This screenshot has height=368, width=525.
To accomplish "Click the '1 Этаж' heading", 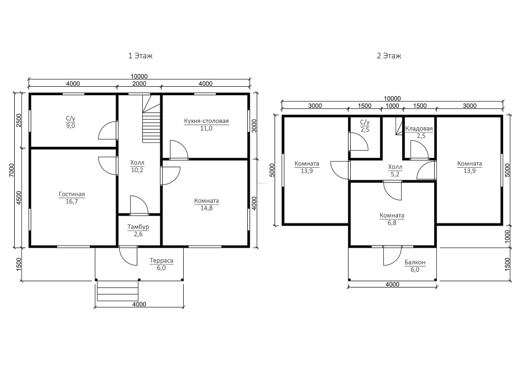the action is (x=140, y=56).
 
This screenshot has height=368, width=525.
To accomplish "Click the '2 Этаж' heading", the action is (x=389, y=56).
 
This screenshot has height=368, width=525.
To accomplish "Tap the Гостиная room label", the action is (x=72, y=194).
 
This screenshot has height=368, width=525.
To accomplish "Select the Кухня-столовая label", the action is (x=206, y=121).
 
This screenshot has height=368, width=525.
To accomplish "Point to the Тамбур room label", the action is (x=138, y=227).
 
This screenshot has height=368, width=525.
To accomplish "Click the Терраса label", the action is (x=161, y=260).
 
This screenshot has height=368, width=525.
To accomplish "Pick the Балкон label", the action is (x=415, y=262).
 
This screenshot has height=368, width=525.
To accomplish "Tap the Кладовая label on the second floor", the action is (x=419, y=129).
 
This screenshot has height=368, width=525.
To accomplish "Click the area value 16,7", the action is (x=72, y=201).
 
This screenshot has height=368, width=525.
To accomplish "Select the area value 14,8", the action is (x=206, y=208).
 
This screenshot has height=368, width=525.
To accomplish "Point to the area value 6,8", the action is (x=392, y=222).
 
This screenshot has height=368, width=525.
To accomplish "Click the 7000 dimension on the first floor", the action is (x=12, y=170).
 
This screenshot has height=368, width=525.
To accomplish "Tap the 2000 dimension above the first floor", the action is (x=139, y=84).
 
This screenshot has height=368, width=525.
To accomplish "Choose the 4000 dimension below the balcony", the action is (x=392, y=284).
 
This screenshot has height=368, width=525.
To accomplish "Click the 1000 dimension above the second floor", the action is (x=392, y=106).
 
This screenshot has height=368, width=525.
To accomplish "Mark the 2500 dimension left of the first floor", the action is (x=19, y=120).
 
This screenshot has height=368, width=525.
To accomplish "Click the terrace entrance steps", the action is (x=118, y=291).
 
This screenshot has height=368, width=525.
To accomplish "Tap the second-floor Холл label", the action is (x=395, y=167).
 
